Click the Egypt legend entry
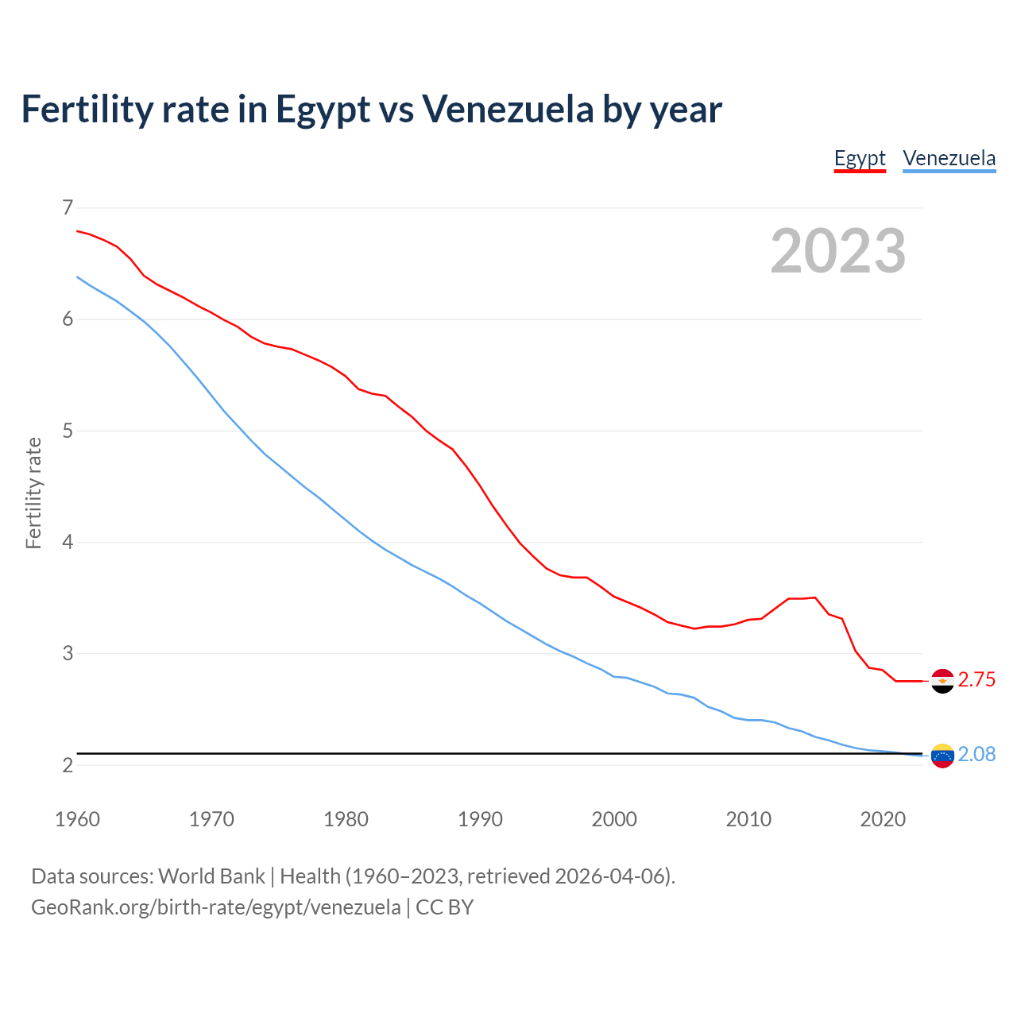860,158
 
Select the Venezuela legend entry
949,158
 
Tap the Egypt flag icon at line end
942,681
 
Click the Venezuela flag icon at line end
942,756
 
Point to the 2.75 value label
976,680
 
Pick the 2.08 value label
976,755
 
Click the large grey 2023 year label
838,251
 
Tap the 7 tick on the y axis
68,208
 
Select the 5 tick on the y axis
68,431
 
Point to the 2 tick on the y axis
68,766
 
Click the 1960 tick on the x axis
77,819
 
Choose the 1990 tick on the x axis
480,819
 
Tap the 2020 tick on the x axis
883,819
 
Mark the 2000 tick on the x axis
614,819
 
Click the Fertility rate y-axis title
33,493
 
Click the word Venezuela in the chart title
508,109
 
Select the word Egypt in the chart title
323,110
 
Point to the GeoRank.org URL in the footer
215,907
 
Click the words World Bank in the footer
211,876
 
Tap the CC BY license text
445,907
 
